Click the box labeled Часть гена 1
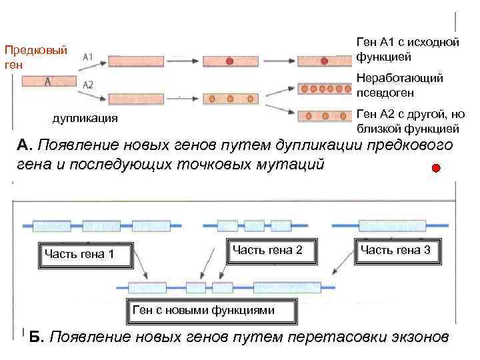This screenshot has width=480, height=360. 87,254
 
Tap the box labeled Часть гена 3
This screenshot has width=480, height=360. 399,250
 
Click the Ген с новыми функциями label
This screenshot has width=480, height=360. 203,309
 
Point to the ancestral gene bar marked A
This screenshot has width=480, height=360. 49,81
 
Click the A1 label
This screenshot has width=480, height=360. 89,57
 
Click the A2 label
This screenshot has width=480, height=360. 88,85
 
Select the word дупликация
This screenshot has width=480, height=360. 85,119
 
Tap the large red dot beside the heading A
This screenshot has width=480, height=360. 435,167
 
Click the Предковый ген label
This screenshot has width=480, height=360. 35,57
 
